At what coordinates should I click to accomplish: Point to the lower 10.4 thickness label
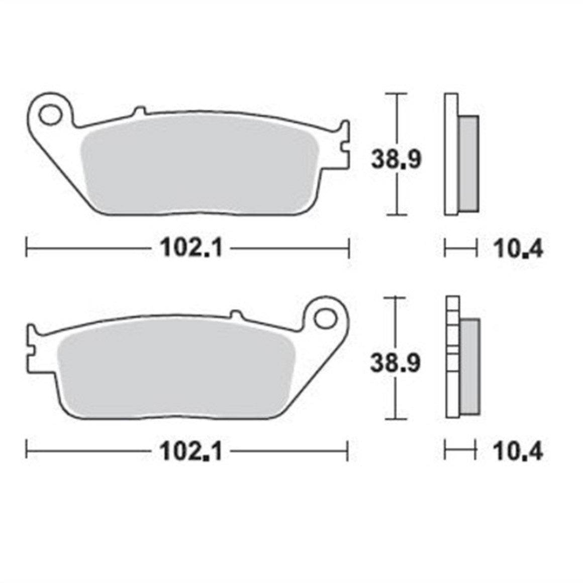[x=518, y=452]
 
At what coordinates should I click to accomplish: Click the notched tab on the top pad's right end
[x=344, y=146]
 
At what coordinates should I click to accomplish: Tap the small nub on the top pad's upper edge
[x=140, y=110]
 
